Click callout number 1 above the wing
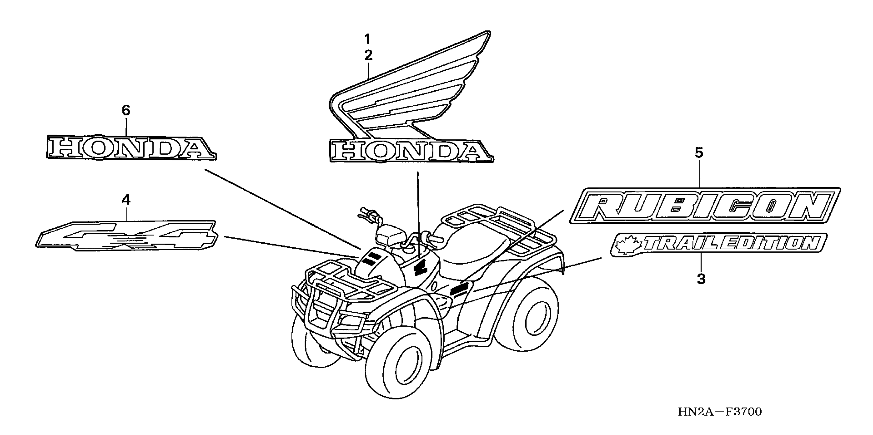point(368,40)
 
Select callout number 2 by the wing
point(368,55)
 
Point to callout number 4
point(126,200)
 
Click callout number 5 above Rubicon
point(699,153)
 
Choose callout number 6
point(126,110)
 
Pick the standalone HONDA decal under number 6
point(131,148)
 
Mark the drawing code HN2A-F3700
point(720,412)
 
